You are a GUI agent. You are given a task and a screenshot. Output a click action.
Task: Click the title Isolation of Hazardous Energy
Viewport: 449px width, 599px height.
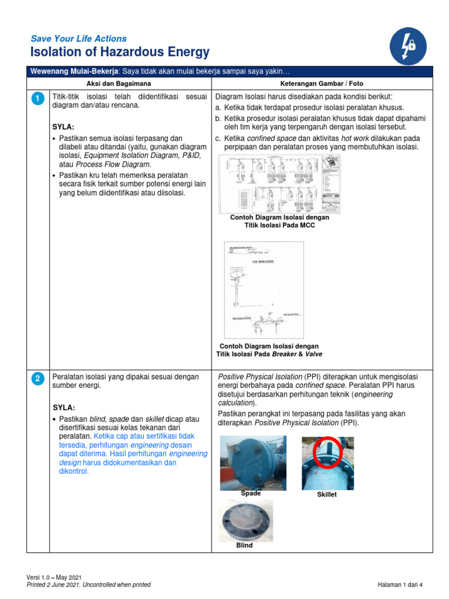pos(120,53)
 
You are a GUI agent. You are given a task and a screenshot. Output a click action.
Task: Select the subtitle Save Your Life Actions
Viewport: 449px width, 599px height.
pos(78,39)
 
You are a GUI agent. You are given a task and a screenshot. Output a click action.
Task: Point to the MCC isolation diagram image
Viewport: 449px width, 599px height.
pos(279,184)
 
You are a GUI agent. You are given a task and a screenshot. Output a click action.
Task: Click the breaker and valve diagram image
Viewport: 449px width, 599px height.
pos(264,290)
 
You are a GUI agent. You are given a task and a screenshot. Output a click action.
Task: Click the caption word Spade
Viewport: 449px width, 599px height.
pos(251,494)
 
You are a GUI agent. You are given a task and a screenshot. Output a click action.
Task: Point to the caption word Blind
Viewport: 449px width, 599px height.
pos(244,545)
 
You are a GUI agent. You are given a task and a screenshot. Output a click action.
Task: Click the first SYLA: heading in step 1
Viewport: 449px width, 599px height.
pos(64,126)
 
